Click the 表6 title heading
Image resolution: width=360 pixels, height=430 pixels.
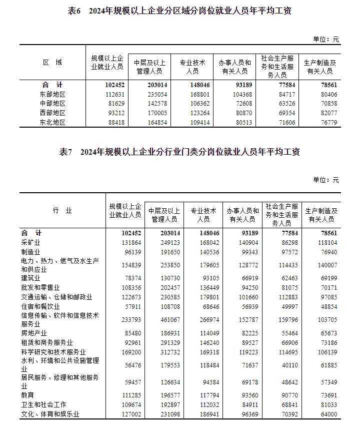click(x=179, y=11)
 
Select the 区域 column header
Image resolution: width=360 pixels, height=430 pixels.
click(x=52, y=63)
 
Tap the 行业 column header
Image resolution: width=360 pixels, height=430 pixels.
click(x=62, y=211)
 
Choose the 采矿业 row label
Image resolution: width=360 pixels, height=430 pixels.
click(x=30, y=243)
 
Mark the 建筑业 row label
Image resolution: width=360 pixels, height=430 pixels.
click(x=30, y=278)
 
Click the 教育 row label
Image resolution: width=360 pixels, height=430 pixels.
click(x=27, y=395)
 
